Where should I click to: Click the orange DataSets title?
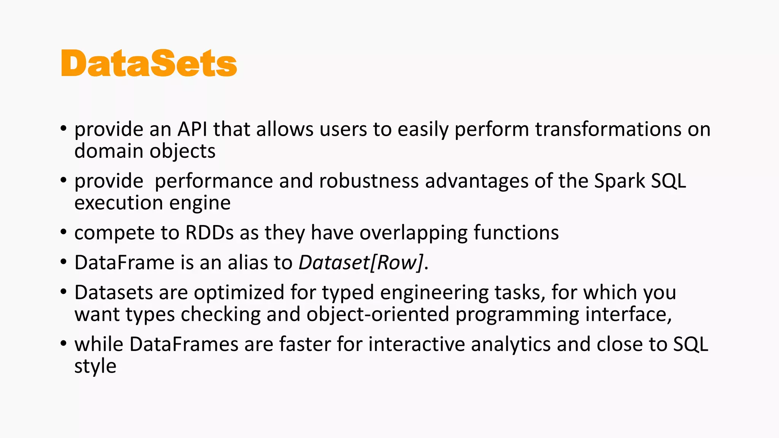pos(149,63)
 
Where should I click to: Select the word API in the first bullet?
pos(192,129)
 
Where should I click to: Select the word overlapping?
pos(413,233)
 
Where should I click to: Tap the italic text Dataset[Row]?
pos(361,263)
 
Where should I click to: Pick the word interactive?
pos(417,344)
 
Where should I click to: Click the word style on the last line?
pos(95,366)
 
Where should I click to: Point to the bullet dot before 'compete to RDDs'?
pos(64,232)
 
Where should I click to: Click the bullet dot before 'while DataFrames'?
pos(64,344)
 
